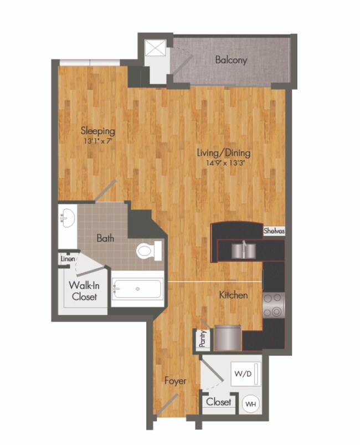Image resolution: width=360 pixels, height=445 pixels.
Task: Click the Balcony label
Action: [231, 60]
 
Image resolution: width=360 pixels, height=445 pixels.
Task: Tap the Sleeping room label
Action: [98, 131]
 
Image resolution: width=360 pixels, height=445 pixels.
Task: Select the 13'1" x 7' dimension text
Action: [98, 141]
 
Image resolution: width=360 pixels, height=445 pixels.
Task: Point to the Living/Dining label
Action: [225, 152]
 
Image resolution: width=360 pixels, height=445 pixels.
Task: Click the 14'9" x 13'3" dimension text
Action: [225, 163]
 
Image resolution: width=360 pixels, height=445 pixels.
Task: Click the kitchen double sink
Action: [243, 250]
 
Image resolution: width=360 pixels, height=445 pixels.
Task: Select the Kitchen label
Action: [233, 295]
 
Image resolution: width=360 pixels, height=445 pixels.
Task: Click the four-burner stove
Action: [273, 305]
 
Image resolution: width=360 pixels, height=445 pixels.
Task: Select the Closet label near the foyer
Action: [219, 402]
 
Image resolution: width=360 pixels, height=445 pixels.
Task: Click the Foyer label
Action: [175, 381]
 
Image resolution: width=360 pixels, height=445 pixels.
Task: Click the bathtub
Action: [137, 289]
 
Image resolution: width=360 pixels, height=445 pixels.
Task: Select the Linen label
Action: [68, 258]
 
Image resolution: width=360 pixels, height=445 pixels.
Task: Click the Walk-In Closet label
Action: [84, 291]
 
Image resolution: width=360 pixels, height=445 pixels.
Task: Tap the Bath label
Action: [105, 238]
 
